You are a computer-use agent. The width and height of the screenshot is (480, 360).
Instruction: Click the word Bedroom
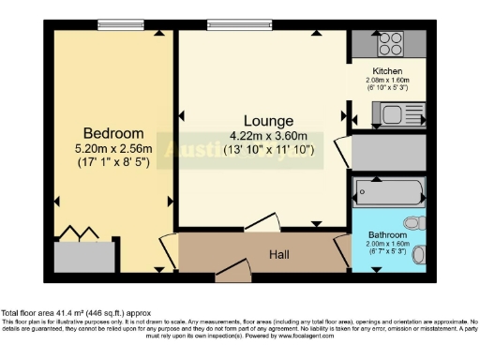[x=113, y=132]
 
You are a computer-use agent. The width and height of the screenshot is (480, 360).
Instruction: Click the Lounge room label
[x=268, y=121]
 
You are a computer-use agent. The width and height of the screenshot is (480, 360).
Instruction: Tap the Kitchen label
[x=387, y=71]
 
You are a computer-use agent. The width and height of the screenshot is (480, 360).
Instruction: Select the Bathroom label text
[x=386, y=233]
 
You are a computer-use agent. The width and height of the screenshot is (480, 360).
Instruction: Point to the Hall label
[x=279, y=253]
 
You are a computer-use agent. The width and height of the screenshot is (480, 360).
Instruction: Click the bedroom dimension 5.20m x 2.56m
[x=113, y=147]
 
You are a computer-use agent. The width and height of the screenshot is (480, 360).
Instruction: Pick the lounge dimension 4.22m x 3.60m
[x=269, y=135]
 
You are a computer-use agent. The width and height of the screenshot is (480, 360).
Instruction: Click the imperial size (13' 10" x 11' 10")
[x=269, y=149]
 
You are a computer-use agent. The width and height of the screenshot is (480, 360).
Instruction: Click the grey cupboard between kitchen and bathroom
[x=386, y=152]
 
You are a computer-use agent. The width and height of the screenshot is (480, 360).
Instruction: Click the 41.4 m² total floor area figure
[x=72, y=312]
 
